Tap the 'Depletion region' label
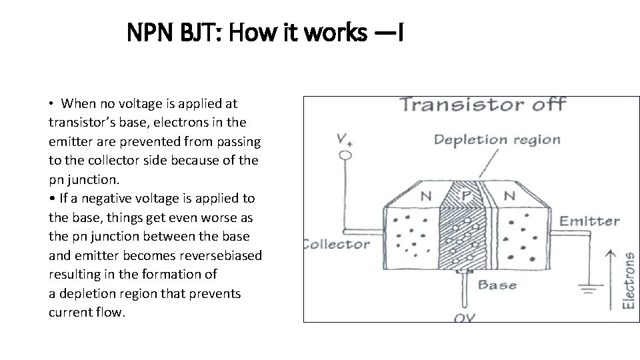(497, 140)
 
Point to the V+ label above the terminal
(345, 139)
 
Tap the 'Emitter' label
(589, 221)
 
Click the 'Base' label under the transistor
(497, 285)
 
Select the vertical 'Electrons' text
(628, 279)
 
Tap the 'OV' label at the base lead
(465, 317)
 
